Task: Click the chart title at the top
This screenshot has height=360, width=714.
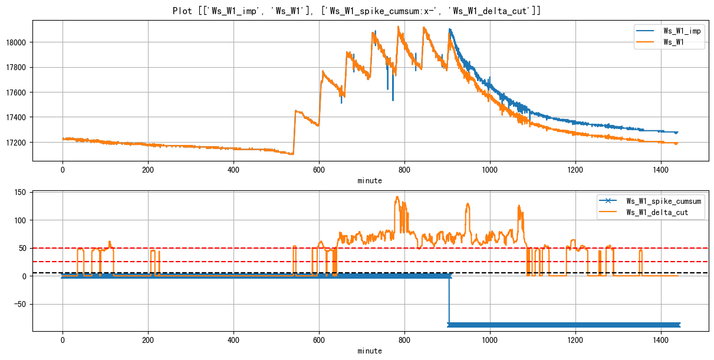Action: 357,11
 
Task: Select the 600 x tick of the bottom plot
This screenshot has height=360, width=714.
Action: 319,341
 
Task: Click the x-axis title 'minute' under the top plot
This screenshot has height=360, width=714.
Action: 370,180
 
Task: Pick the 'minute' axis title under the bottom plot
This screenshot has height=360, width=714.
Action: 370,351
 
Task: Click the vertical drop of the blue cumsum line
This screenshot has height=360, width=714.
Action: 449,300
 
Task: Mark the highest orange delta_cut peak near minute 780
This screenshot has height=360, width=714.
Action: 397,197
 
